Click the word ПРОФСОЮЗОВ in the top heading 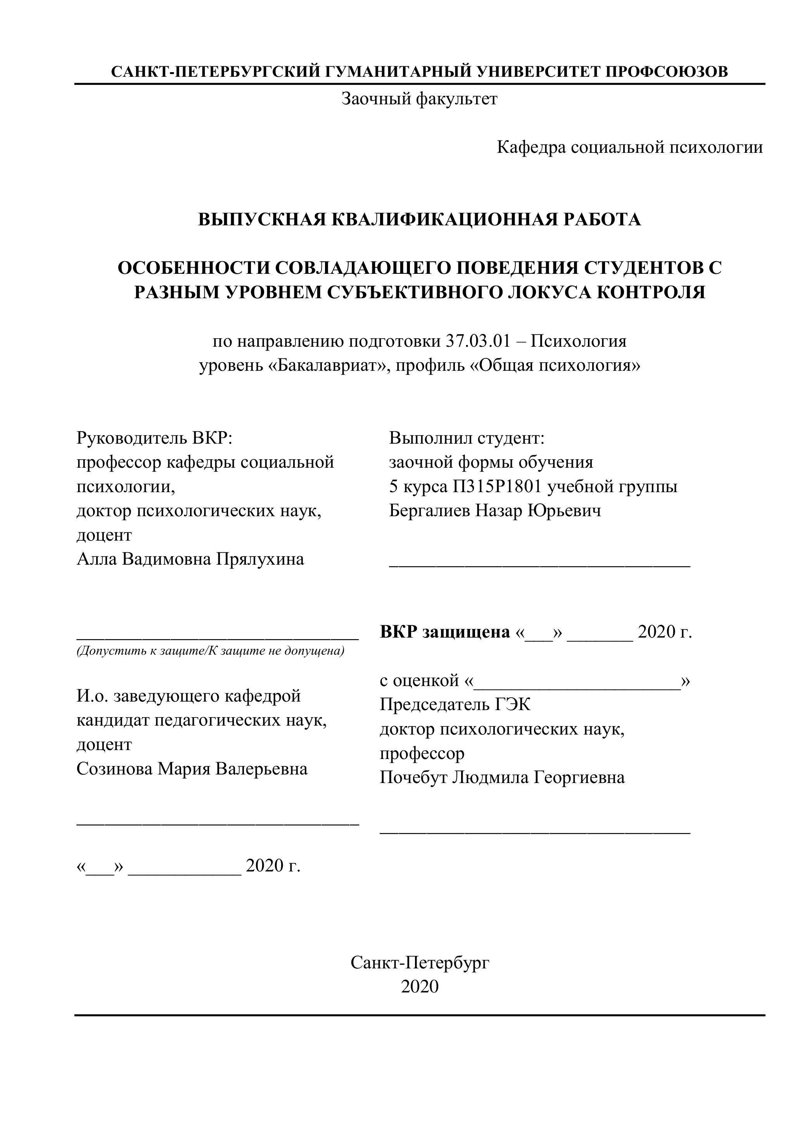[666, 72]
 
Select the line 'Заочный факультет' [419, 99]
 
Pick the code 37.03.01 [479, 341]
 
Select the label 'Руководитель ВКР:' [155, 437]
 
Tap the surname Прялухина [260, 559]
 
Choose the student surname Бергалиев [430, 511]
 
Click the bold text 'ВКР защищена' [444, 632]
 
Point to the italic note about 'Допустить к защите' [210, 651]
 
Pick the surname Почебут [413, 778]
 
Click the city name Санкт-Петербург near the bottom [420, 962]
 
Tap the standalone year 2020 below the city [420, 986]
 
